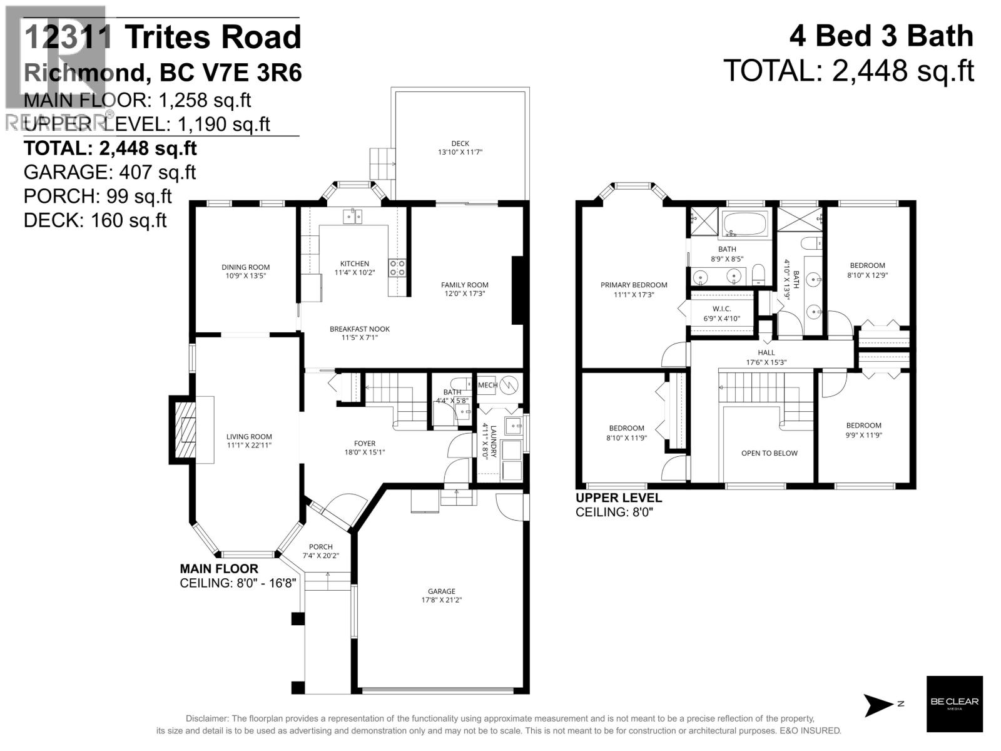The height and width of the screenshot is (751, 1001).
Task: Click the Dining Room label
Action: click(245, 267)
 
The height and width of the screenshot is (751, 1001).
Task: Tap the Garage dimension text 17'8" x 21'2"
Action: click(441, 600)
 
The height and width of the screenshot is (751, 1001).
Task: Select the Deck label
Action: click(460, 143)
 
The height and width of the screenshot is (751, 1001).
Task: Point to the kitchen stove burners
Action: click(397, 268)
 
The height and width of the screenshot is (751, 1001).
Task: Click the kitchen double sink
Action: click(352, 217)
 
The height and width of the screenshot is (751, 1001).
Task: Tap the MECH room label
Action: click(487, 385)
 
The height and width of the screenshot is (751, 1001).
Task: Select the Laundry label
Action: click(494, 442)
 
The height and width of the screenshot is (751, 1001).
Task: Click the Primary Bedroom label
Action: click(634, 285)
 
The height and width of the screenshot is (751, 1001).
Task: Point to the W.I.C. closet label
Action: click(721, 309)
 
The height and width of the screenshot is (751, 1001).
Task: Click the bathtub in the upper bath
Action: click(744, 223)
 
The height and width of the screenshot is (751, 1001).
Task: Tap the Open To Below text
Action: click(769, 453)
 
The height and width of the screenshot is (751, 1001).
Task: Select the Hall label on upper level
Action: click(766, 352)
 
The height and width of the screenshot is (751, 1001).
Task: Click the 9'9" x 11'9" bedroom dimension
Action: click(864, 435)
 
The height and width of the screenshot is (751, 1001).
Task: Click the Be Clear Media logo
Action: click(954, 704)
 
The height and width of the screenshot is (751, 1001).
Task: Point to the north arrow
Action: click(879, 705)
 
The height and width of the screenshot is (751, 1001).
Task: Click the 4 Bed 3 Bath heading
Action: click(881, 36)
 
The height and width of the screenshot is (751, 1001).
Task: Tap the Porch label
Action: click(320, 546)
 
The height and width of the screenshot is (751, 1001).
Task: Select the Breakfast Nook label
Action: click(360, 329)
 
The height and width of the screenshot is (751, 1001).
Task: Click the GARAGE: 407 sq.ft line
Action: click(109, 172)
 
